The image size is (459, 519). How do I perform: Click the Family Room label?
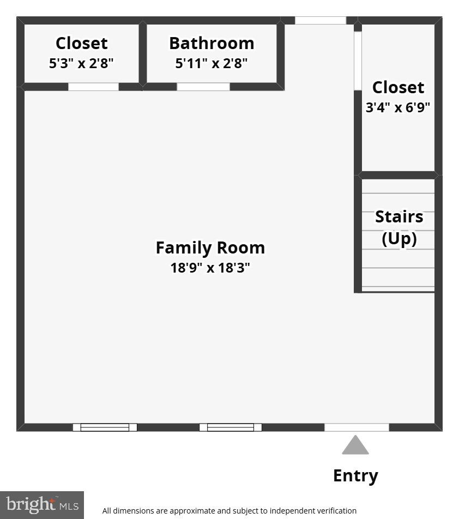[210, 248]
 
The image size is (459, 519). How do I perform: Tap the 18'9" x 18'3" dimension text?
[210, 268]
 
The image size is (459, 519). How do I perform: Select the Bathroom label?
[212, 43]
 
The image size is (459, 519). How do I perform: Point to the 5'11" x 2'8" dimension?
[212, 63]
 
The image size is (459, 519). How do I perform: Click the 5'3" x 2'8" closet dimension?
[81, 63]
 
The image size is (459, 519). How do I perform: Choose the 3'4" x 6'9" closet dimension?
[398, 107]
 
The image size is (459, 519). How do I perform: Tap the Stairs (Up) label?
[399, 227]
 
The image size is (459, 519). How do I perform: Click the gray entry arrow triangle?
[355, 445]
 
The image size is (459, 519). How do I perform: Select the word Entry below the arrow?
[355, 475]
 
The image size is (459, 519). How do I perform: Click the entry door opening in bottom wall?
[357, 427]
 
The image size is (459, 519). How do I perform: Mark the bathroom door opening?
[203, 87]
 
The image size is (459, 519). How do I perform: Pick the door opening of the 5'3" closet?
[93, 87]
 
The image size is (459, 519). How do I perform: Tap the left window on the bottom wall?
[105, 427]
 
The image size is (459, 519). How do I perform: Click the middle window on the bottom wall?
[231, 427]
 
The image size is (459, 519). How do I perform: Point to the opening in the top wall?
[321, 21]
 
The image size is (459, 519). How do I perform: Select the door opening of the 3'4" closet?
[358, 61]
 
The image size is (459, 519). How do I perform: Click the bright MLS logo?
[41, 505]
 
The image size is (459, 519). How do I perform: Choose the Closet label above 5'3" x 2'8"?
[81, 43]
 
